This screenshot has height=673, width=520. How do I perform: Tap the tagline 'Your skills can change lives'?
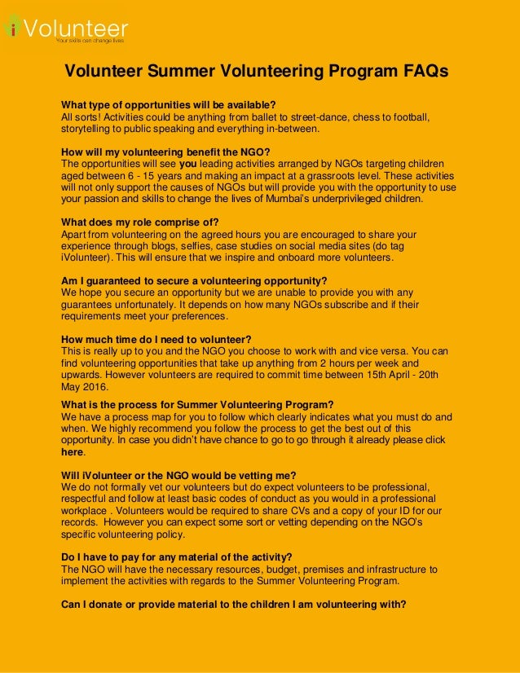(x=90, y=40)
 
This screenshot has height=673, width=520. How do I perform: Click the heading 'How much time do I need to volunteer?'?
(x=156, y=340)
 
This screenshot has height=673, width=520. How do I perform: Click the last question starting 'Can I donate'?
(x=233, y=605)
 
